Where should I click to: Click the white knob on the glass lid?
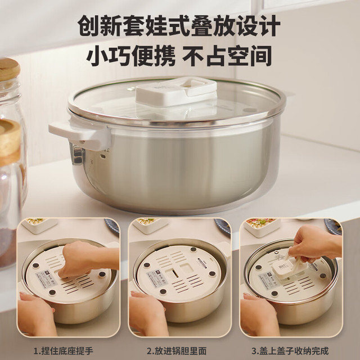(x=176, y=91)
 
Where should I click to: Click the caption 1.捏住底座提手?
(x=64, y=351)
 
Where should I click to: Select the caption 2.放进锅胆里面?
(x=177, y=351)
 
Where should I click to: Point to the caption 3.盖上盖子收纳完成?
(x=290, y=351)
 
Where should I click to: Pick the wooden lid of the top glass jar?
(x=9, y=69)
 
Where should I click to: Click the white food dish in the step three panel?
(x=262, y=226)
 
